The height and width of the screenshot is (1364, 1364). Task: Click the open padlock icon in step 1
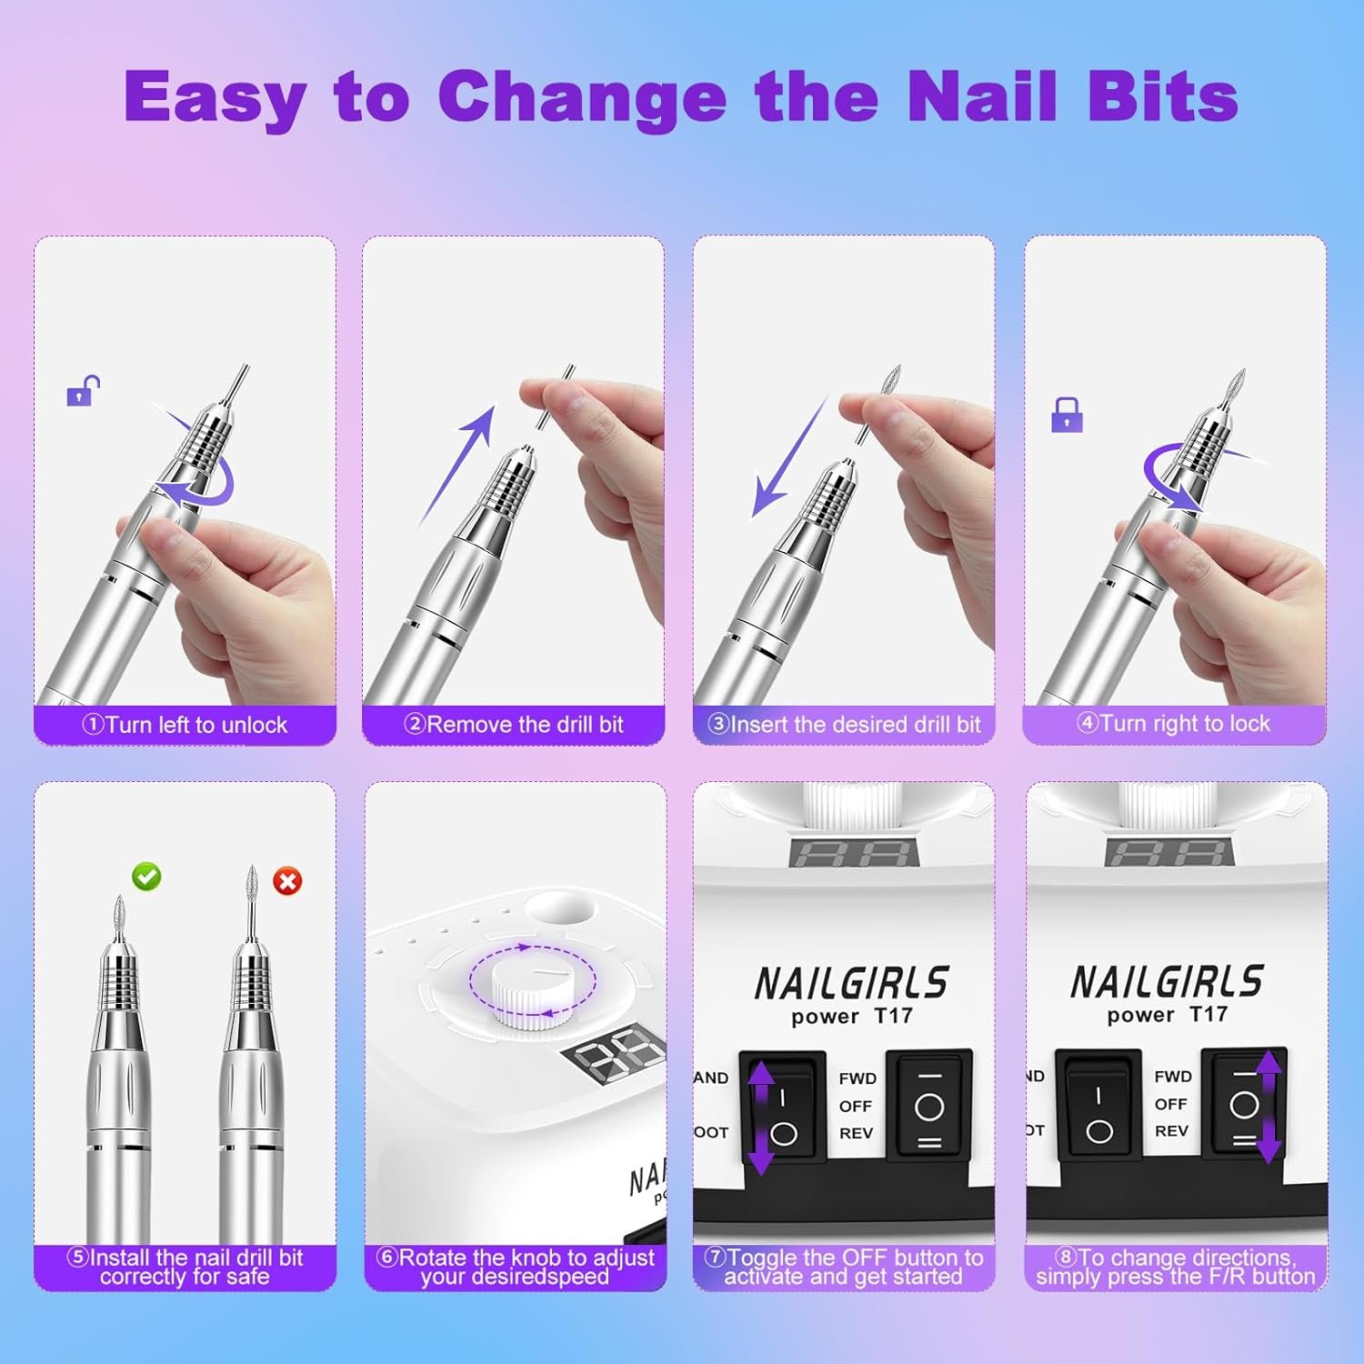[82, 391]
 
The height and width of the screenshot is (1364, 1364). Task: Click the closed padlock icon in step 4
[1067, 415]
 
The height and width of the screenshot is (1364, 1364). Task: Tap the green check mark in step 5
[146, 877]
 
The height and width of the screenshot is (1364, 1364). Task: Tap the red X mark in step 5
[287, 880]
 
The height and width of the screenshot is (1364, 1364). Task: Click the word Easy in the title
[215, 96]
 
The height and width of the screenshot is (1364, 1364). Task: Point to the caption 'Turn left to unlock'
[185, 725]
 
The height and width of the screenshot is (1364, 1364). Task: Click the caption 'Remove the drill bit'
[514, 725]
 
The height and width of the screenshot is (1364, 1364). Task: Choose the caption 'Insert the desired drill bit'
[845, 725]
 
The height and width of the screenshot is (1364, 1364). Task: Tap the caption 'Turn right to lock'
[1174, 724]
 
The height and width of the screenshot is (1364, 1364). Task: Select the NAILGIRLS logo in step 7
[851, 983]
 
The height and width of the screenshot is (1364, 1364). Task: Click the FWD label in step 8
[1173, 1077]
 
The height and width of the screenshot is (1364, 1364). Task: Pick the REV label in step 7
[856, 1133]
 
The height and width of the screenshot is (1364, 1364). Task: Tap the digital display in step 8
[1168, 852]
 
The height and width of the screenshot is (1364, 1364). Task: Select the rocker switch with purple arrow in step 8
[1246, 1105]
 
